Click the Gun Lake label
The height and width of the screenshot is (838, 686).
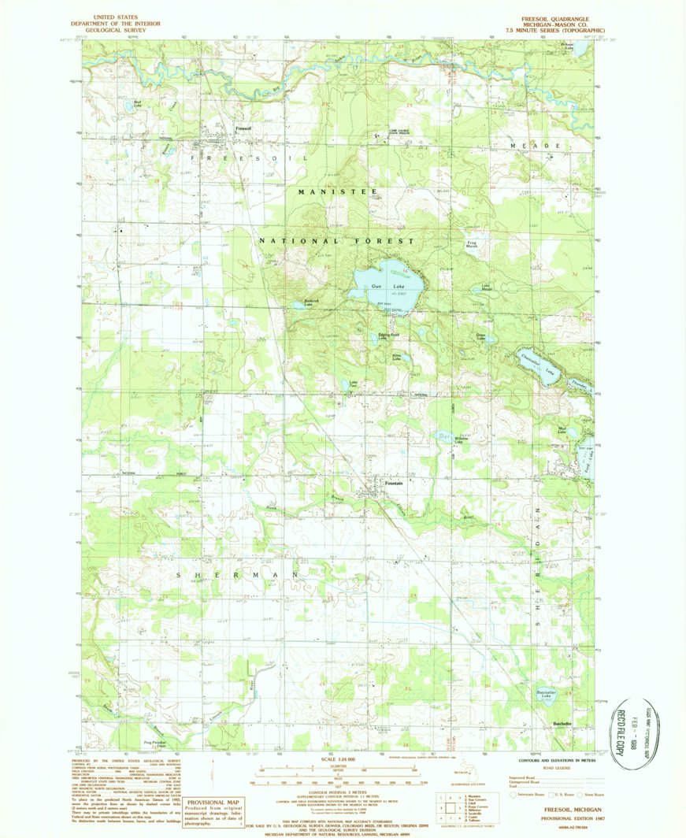[382, 287]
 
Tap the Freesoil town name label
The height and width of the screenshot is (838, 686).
[243, 128]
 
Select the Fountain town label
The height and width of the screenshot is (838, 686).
[394, 483]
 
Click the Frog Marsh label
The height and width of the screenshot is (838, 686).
[473, 245]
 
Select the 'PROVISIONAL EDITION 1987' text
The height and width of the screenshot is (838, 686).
[556, 818]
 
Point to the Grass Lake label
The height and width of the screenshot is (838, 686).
[480, 336]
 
